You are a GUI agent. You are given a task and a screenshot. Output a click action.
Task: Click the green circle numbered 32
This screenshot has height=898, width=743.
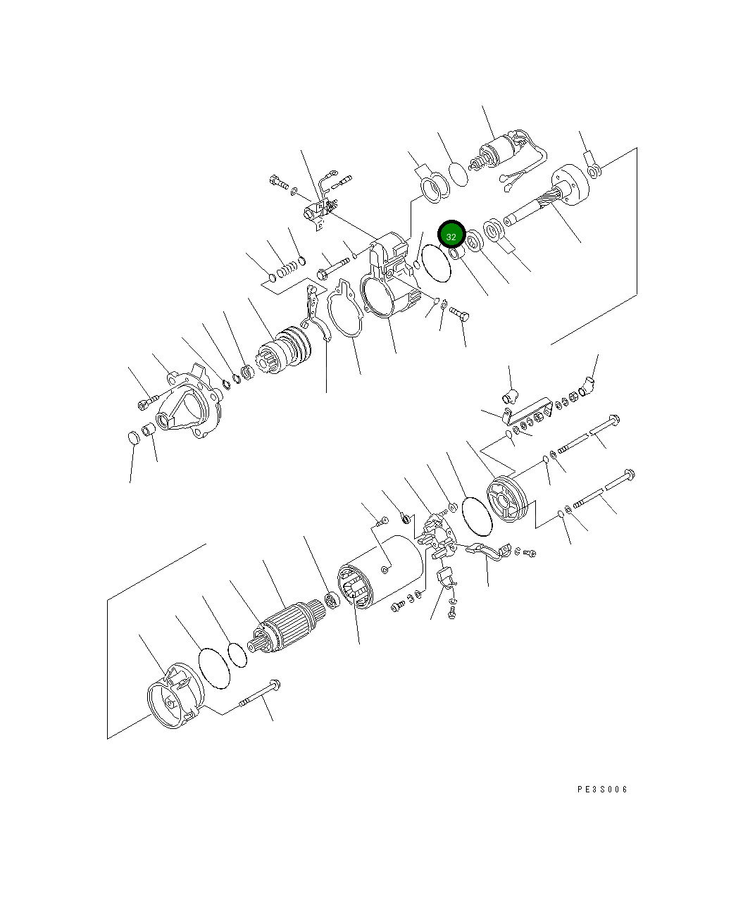(x=451, y=236)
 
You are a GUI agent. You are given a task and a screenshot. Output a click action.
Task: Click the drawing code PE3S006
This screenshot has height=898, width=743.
(x=602, y=790)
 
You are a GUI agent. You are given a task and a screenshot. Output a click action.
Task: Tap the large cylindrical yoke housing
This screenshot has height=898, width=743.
(x=380, y=572)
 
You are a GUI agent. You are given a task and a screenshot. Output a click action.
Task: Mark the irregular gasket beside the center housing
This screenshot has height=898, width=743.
(x=345, y=308)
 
